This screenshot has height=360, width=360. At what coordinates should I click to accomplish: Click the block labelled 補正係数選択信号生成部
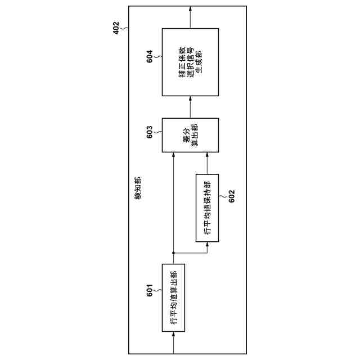pyautogui.click(x=190, y=62)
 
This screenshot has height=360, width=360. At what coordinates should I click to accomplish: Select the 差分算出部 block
pyautogui.click(x=190, y=135)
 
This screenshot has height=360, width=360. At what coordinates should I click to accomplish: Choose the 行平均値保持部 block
pyautogui.click(x=207, y=208)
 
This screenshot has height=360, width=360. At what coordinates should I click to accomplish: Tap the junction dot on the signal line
pyautogui.click(x=173, y=252)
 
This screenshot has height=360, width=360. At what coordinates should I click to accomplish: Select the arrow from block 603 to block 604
pyautogui.click(x=190, y=107)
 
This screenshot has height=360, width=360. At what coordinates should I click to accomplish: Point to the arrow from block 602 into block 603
pyautogui.click(x=207, y=163)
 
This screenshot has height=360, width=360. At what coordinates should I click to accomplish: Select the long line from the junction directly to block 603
pyautogui.click(x=173, y=202)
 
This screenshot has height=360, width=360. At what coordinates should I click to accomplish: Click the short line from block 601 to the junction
pyautogui.click(x=173, y=258)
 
